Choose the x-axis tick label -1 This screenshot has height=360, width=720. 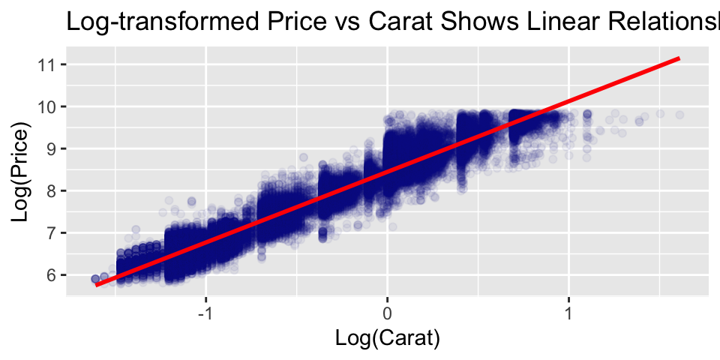(204, 310)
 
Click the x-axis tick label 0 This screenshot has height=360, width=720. (387, 310)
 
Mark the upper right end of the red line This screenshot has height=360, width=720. (679, 58)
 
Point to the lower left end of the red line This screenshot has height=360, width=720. (97, 285)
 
